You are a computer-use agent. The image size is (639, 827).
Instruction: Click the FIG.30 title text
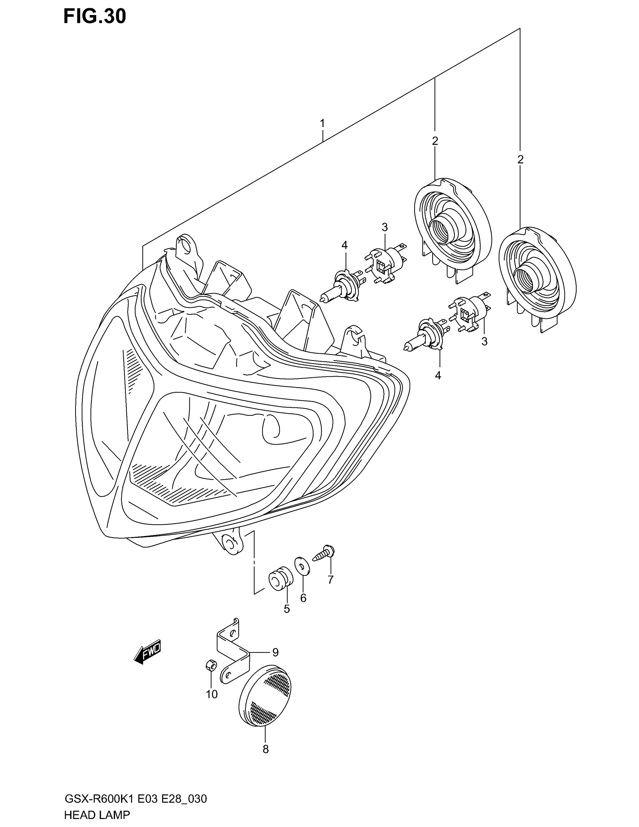(x=95, y=17)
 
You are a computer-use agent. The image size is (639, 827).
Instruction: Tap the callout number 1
(x=322, y=123)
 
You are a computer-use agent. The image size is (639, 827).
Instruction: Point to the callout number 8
(x=266, y=749)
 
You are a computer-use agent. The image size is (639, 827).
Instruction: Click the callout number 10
(x=212, y=694)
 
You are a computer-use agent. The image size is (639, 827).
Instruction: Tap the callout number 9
(x=275, y=652)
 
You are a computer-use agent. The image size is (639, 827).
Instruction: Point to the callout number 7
(x=330, y=590)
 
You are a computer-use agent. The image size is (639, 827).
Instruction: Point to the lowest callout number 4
(x=438, y=376)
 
